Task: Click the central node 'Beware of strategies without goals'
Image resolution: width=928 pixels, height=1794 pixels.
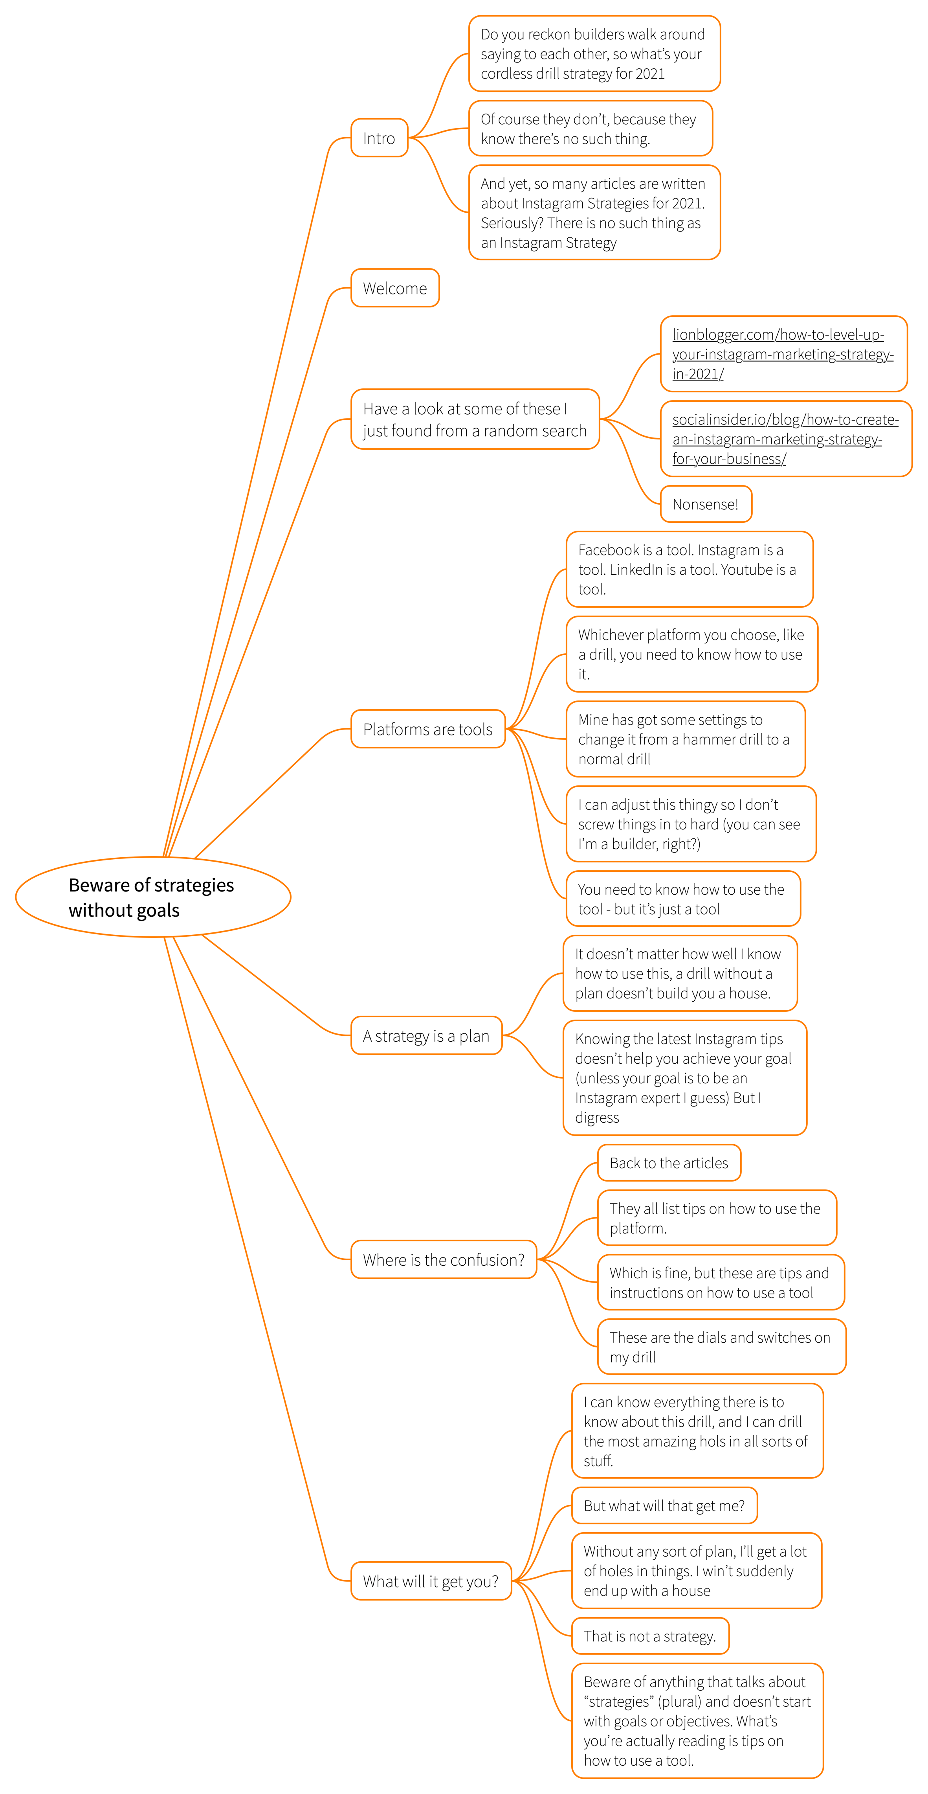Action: click(152, 897)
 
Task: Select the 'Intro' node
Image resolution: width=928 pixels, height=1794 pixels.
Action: click(380, 138)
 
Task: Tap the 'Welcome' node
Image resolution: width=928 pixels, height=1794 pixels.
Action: click(395, 289)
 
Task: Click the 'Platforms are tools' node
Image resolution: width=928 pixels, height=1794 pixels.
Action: click(427, 729)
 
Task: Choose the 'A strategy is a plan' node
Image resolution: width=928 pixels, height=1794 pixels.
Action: click(426, 1036)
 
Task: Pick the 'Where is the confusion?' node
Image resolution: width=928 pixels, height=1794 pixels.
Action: click(444, 1260)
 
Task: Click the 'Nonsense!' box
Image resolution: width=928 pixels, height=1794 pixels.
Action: click(706, 504)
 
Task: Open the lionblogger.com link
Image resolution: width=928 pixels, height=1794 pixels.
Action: click(783, 354)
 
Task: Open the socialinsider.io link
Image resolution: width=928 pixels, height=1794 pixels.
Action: click(786, 439)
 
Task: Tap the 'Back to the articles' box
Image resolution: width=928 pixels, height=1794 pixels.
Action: click(669, 1163)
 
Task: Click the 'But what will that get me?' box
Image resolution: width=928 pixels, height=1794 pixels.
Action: click(664, 1505)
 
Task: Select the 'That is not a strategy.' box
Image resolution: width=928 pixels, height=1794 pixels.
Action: click(650, 1636)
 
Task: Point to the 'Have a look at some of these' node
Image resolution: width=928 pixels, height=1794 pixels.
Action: click(475, 419)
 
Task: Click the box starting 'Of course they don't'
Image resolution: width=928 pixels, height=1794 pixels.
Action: click(591, 129)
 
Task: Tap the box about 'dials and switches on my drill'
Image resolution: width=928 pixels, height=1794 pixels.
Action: click(721, 1347)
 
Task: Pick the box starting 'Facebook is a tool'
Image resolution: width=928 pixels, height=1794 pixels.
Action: click(689, 569)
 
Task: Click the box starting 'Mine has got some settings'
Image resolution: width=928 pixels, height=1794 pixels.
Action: click(685, 739)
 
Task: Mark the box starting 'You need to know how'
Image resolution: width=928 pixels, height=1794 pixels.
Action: click(683, 899)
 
